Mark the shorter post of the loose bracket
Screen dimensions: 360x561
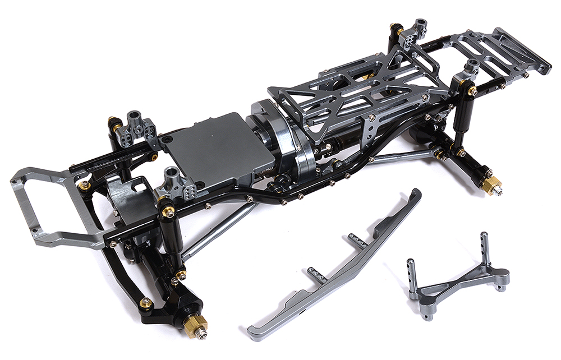[x=412, y=275]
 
